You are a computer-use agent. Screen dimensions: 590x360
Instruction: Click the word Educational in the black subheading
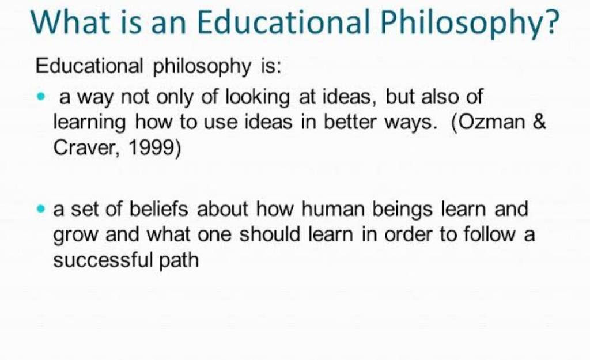pyautogui.click(x=89, y=66)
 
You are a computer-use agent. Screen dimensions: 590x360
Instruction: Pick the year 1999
pyautogui.click(x=152, y=147)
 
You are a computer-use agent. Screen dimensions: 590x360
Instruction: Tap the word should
pyautogui.click(x=270, y=234)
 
